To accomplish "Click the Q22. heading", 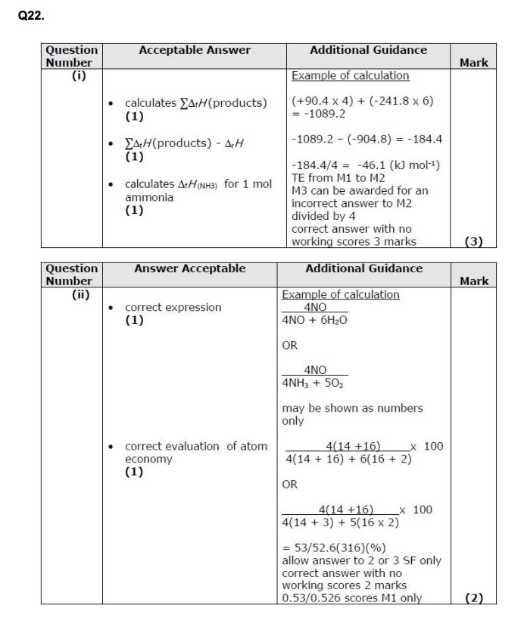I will (x=30, y=13).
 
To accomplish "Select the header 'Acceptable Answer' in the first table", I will (x=195, y=50).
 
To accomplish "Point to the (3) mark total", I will (x=473, y=242).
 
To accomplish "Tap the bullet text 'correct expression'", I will (x=173, y=307).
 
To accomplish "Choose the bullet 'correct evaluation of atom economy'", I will (x=195, y=453).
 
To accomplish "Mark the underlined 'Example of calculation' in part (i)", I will (x=350, y=76).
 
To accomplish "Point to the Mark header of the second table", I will (x=473, y=281).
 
